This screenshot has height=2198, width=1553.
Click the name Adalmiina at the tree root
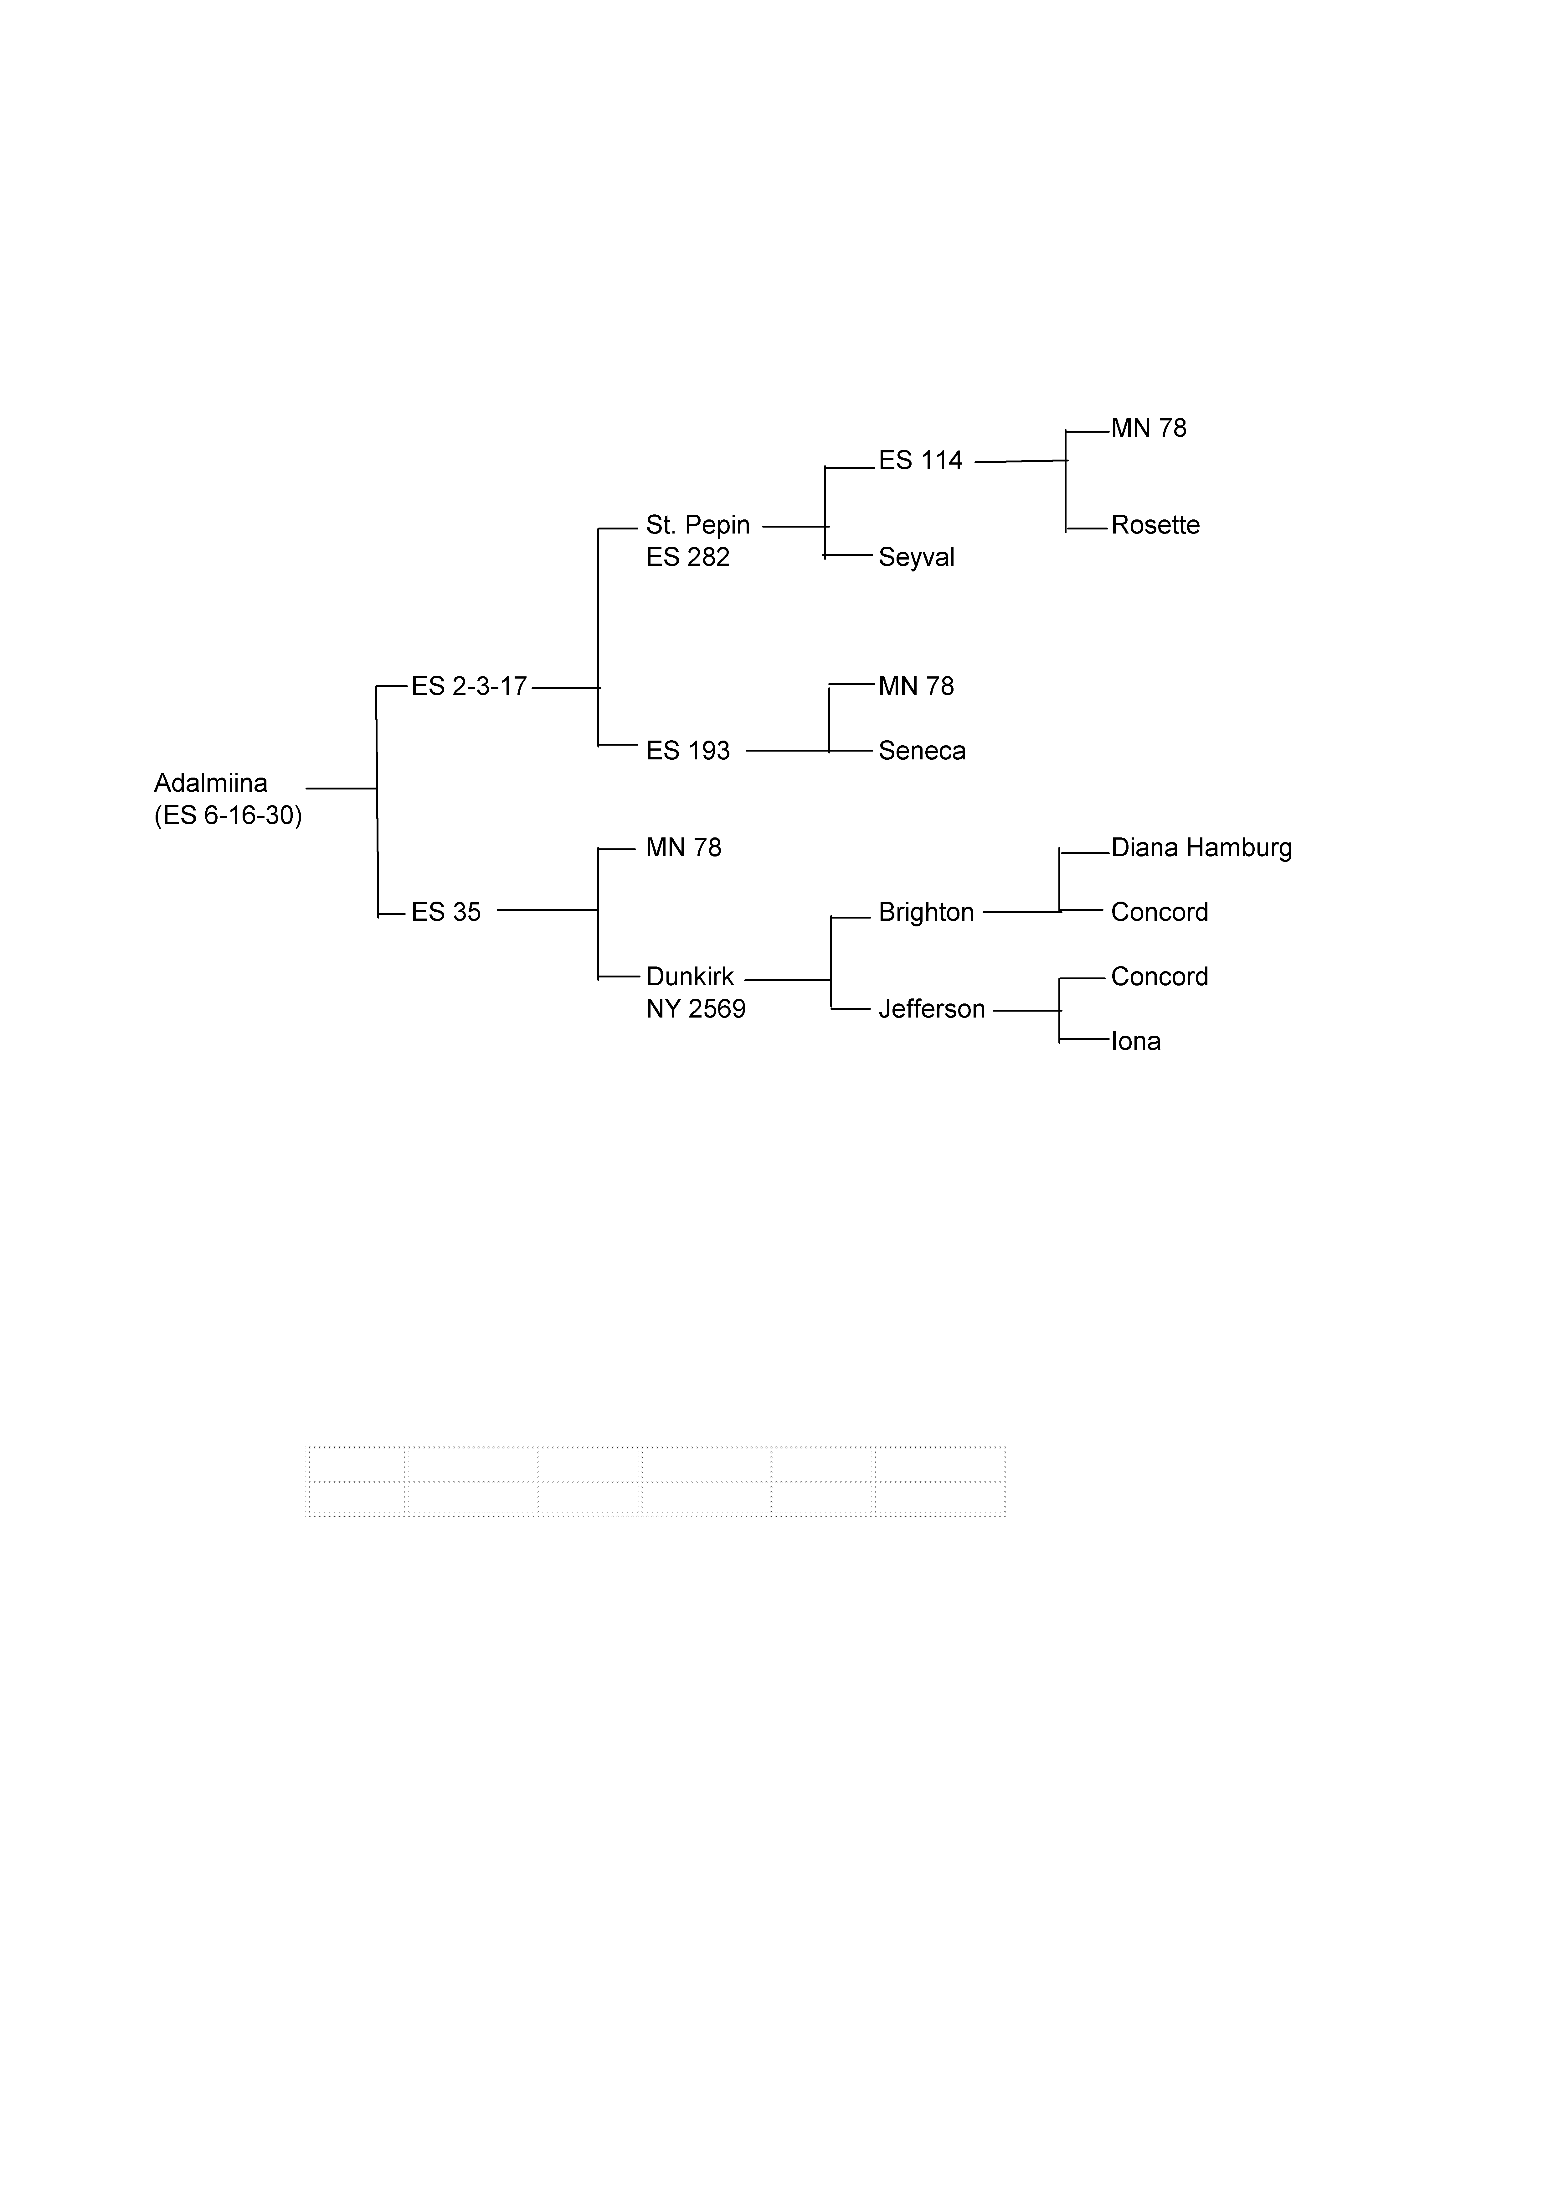(x=210, y=783)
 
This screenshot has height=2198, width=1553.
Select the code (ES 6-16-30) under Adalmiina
(x=228, y=815)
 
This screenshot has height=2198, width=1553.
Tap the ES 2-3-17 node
(x=469, y=686)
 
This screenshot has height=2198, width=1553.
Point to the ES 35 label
(x=446, y=912)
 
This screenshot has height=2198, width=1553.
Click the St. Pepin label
(x=697, y=526)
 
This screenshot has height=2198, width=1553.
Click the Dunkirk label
(x=689, y=977)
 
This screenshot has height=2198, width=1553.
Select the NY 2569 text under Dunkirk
(x=696, y=1009)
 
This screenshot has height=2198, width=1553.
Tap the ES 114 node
(x=919, y=461)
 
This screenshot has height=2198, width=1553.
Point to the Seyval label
(x=916, y=557)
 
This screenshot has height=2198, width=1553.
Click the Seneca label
(x=922, y=751)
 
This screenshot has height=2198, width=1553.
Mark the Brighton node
(x=925, y=912)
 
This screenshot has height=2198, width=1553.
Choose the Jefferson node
(x=931, y=1009)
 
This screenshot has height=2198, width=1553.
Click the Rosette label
(x=1155, y=526)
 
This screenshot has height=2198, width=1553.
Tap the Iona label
(x=1136, y=1042)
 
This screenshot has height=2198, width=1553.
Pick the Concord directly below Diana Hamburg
(x=1159, y=912)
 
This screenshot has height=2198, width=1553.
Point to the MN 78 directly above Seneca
(x=916, y=686)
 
